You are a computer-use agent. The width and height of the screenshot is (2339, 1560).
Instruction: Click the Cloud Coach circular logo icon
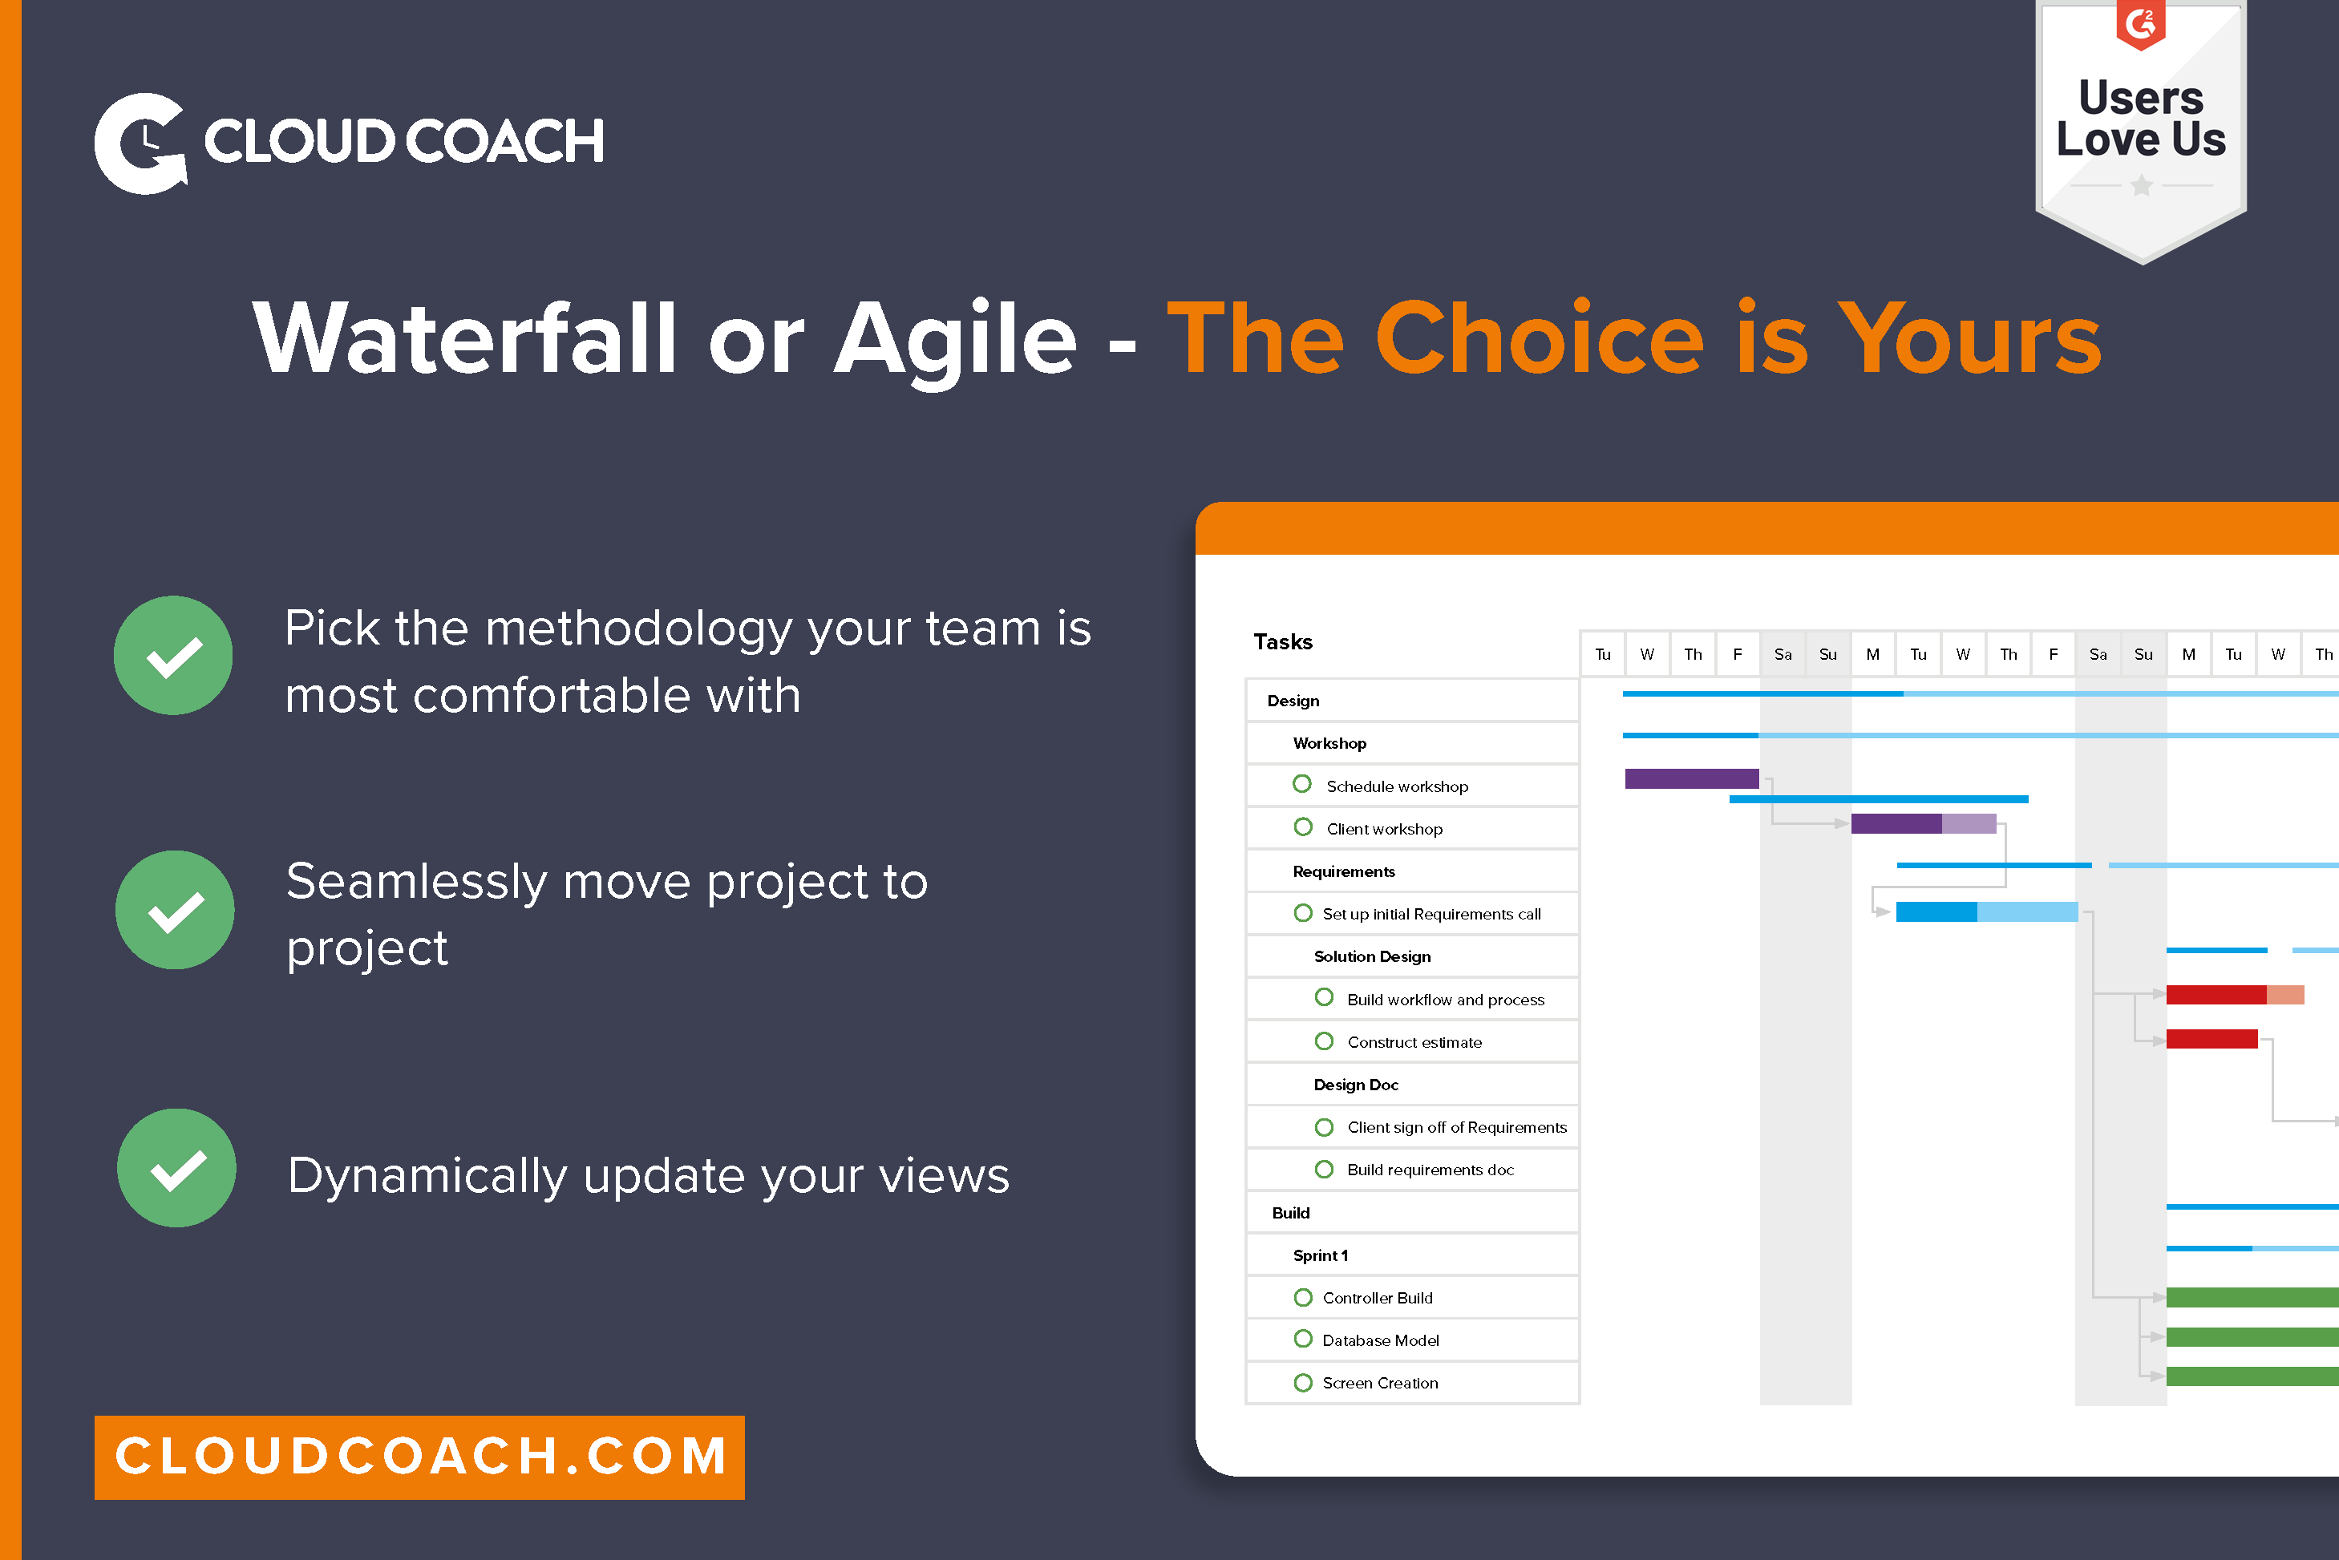[x=140, y=143]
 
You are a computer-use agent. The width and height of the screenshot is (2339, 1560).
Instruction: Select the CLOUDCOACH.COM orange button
[x=419, y=1457]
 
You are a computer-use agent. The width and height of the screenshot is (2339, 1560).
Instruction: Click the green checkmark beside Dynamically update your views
[x=176, y=1168]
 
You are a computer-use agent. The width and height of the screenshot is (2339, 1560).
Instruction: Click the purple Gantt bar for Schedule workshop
[x=1690, y=779]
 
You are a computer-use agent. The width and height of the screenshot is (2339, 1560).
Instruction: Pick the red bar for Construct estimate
[x=2211, y=1040]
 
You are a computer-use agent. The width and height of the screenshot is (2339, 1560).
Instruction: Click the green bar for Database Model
[x=2251, y=1337]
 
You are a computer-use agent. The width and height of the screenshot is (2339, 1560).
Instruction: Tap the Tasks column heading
[x=1282, y=641]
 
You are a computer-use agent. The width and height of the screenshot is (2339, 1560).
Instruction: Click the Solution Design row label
[x=1372, y=956]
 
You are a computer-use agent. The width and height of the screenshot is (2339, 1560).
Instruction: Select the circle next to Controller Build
[x=1302, y=1297]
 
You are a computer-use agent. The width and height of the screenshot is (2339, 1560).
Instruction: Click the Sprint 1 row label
[x=1320, y=1255]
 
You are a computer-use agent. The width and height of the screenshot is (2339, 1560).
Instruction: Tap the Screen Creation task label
[x=1379, y=1383]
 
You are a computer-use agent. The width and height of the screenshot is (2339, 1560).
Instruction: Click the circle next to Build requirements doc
[x=1323, y=1169]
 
